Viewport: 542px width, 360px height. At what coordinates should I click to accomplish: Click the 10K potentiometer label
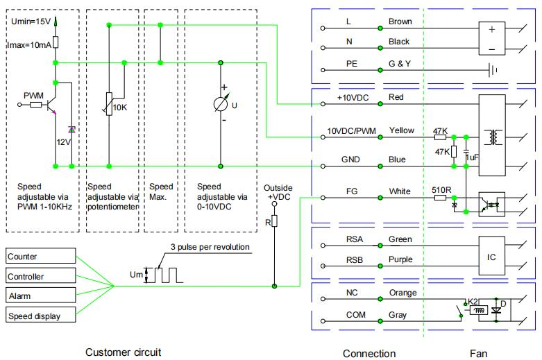point(120,108)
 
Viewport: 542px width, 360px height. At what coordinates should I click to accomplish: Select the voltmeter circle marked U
point(222,105)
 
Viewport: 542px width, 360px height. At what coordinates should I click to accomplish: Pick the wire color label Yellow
point(401,130)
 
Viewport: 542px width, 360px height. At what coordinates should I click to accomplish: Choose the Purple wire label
point(400,259)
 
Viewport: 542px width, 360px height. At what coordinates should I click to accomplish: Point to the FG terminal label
point(351,191)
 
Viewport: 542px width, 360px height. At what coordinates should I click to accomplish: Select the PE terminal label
point(351,63)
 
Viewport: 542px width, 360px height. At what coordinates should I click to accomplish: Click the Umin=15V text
point(31,22)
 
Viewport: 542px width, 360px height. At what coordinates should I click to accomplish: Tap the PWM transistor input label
point(33,94)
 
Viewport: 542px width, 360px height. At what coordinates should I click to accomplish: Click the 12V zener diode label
point(65,142)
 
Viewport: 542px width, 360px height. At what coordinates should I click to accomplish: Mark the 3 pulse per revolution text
point(210,247)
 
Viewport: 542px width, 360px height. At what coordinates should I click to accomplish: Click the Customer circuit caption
point(123,352)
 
